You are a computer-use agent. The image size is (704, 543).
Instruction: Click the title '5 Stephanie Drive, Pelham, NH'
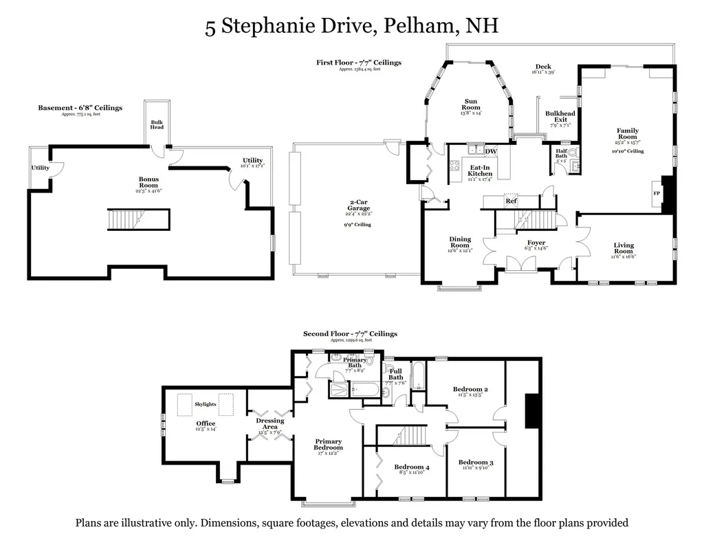click(x=351, y=27)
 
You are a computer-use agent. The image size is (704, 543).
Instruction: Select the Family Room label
click(x=627, y=133)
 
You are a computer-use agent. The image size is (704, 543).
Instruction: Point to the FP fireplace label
click(x=656, y=193)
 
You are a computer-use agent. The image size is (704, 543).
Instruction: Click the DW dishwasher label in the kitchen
click(x=490, y=151)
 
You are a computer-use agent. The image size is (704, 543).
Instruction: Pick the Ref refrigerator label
click(x=511, y=201)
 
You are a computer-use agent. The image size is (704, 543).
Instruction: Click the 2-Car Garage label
click(x=358, y=205)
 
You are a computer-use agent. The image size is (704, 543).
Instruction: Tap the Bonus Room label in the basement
click(x=148, y=182)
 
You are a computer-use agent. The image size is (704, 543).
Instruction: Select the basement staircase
click(x=137, y=221)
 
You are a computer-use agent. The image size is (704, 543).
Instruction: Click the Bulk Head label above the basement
click(x=157, y=124)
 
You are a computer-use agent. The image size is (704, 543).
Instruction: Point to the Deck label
click(x=543, y=67)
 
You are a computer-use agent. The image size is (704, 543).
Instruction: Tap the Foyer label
click(x=536, y=243)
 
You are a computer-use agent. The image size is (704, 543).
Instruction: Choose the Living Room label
click(x=624, y=248)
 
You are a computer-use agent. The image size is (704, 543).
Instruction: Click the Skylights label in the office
click(x=206, y=404)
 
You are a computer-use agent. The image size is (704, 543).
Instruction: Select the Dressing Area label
click(x=269, y=423)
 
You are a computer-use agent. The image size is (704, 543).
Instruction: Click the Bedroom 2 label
click(x=470, y=390)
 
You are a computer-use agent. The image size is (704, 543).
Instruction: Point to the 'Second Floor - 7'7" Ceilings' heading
click(x=350, y=333)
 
